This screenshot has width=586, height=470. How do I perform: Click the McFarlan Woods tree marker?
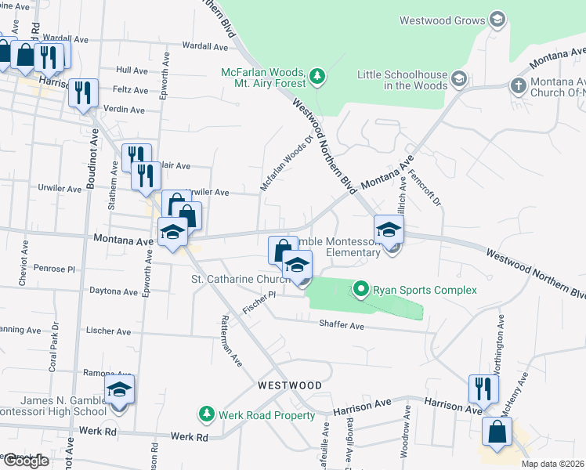click(x=317, y=76)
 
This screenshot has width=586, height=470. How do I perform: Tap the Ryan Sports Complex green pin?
click(x=360, y=290)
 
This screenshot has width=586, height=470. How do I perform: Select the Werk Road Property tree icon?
click(x=206, y=413)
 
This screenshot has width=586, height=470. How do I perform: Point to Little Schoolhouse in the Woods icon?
click(x=458, y=78)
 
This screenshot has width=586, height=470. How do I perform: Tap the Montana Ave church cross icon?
click(x=518, y=85)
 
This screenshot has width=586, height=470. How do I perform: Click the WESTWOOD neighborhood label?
click(x=291, y=386)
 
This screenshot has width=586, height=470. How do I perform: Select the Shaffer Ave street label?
click(x=342, y=326)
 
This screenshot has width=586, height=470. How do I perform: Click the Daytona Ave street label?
click(x=108, y=291)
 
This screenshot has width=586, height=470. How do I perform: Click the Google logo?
click(x=25, y=461)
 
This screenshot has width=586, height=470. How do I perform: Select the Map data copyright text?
click(x=552, y=464)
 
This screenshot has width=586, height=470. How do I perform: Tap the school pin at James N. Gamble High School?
click(x=119, y=390)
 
